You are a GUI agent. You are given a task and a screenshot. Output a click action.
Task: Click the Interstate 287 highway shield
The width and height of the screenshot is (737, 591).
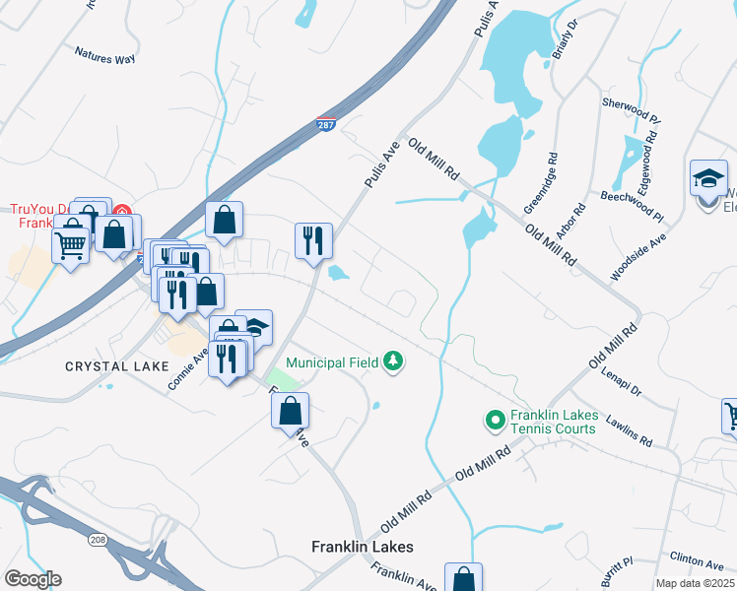click(x=327, y=124)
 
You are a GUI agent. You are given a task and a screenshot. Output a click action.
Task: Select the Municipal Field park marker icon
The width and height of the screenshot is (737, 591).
click(x=394, y=361)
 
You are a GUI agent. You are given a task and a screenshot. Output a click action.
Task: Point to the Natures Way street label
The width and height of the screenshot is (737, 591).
click(x=104, y=59)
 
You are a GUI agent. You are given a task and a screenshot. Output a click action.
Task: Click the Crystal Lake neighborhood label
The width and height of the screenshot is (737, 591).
click(x=109, y=365)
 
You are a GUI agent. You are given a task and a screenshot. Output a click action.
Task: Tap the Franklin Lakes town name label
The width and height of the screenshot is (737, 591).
click(x=362, y=547)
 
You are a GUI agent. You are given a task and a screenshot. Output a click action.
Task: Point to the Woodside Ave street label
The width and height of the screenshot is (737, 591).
click(x=638, y=259)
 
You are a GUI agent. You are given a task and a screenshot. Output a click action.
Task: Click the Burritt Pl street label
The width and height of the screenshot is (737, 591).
click(x=620, y=566)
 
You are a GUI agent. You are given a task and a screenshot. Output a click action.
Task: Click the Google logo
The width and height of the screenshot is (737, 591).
click(x=33, y=579)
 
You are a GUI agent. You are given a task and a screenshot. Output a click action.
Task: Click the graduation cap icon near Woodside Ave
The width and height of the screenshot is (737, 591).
click(x=708, y=179)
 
